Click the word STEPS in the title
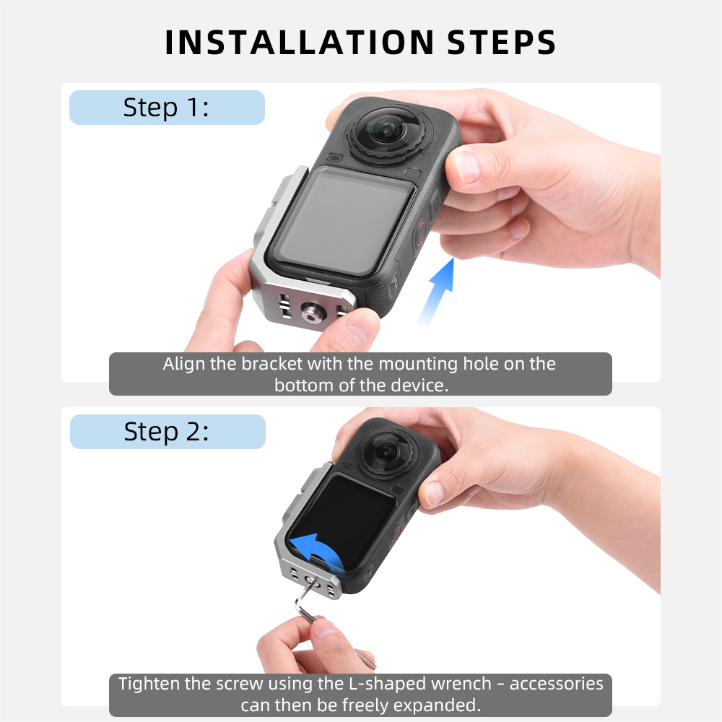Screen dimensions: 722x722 (x=502, y=43)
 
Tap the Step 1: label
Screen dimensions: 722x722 (x=167, y=108)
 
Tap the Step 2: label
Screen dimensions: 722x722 (x=168, y=432)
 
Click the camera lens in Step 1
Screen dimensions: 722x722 (x=389, y=131)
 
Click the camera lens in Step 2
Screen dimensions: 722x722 (x=386, y=452)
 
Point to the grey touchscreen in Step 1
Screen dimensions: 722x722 (x=343, y=219)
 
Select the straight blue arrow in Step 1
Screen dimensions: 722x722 (x=438, y=292)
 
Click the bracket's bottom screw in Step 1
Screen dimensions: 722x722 (x=313, y=313)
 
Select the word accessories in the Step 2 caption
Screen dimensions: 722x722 (x=556, y=684)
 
